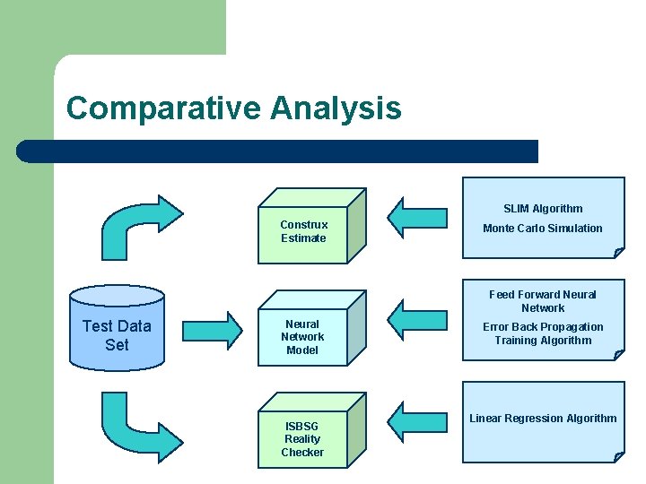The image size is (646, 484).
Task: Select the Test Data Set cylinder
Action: coord(117,330)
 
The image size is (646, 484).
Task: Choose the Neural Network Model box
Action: coord(302,337)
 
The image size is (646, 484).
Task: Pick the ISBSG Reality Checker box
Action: coord(302,439)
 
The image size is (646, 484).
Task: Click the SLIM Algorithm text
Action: coord(542,209)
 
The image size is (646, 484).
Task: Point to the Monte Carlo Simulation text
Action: coord(542,229)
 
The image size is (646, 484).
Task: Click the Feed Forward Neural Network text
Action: coord(542,301)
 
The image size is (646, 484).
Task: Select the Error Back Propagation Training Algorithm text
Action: coord(542,333)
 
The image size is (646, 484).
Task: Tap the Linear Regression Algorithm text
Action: coord(542,419)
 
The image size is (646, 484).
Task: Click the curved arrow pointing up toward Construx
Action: coord(139,224)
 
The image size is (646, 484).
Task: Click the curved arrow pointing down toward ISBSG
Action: coord(139,427)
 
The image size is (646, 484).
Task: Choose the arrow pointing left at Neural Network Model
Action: coord(417,318)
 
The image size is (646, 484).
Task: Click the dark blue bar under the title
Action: coord(278,151)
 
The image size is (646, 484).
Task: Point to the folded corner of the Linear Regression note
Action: coord(618,457)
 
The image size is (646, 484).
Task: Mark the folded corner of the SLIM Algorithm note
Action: coord(618,253)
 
